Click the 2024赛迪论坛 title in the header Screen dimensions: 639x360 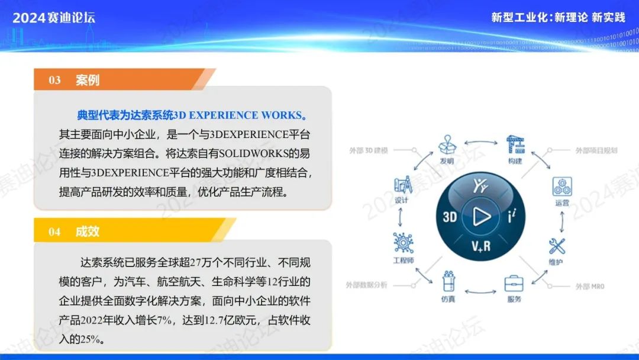click(54, 18)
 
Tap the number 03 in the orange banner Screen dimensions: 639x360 click(54, 80)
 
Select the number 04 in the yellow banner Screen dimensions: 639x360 click(54, 232)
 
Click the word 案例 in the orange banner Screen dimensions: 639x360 click(88, 80)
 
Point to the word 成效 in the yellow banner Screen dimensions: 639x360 click(88, 231)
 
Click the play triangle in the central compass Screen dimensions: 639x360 click(481, 216)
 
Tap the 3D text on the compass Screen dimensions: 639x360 click(450, 217)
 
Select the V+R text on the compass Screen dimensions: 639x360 click(481, 246)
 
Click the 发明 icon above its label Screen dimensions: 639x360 click(447, 144)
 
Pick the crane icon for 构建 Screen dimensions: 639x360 click(515, 144)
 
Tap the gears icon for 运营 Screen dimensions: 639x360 click(562, 187)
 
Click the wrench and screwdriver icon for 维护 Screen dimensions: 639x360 click(557, 246)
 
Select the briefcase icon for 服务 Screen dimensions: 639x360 click(514, 284)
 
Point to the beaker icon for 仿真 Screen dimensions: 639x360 click(448, 281)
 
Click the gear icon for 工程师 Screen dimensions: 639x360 click(404, 243)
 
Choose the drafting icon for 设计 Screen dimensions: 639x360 click(403, 185)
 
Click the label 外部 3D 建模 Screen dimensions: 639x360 click(369, 150)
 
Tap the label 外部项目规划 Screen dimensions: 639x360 click(596, 150)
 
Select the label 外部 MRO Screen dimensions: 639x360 click(590, 286)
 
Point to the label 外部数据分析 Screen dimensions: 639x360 click(366, 285)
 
